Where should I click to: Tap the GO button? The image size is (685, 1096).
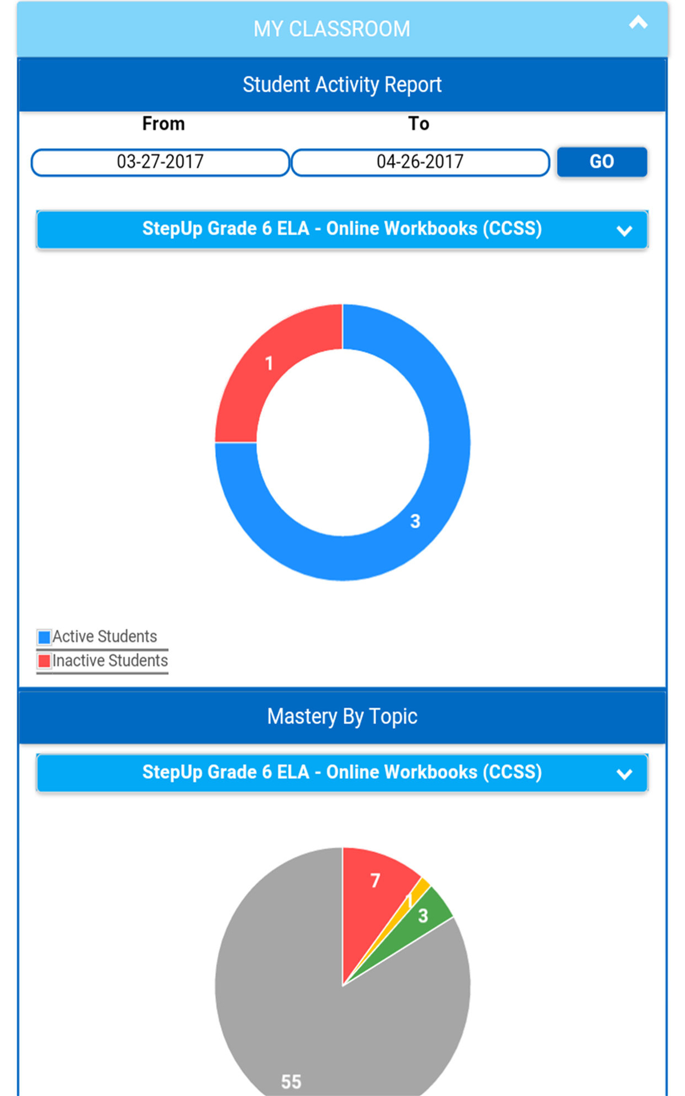602,162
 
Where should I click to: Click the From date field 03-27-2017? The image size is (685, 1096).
160,162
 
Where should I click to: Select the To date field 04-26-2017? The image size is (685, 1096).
420,162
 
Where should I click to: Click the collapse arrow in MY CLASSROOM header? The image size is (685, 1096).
638,23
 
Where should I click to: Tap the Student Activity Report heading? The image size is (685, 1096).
342,84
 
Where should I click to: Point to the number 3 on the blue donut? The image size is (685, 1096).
415,521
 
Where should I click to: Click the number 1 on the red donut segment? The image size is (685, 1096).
269,363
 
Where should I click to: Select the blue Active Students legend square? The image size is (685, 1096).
44,636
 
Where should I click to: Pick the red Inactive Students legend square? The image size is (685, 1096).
44,661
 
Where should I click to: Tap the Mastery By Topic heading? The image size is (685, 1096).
342,716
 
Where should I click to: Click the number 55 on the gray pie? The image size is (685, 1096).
291,1081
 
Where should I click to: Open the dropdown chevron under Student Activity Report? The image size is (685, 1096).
624,231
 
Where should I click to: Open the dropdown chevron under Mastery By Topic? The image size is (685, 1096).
624,774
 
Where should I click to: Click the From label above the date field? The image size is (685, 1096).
163,123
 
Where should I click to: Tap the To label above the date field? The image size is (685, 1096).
418,123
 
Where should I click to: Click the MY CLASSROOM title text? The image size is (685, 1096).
332,29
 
